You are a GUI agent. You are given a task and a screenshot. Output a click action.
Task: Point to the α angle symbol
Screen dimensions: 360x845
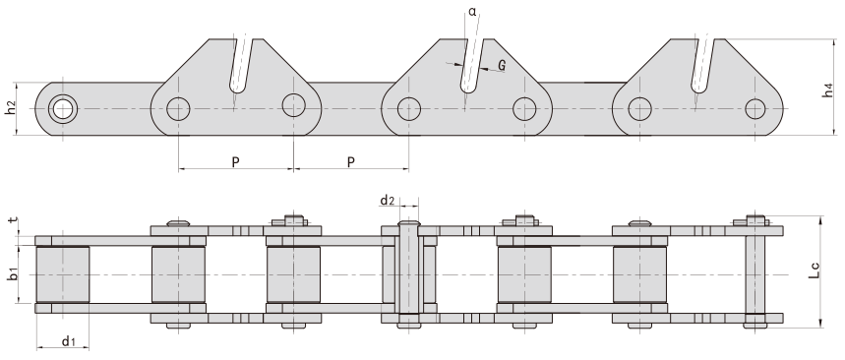[474, 12]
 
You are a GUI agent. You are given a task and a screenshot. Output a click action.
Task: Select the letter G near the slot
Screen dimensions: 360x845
[502, 66]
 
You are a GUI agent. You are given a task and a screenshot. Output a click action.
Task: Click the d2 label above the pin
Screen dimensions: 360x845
[388, 201]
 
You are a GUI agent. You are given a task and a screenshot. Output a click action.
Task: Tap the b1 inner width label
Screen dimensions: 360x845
[11, 274]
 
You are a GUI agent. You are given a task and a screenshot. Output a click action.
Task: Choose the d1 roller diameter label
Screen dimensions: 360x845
[67, 341]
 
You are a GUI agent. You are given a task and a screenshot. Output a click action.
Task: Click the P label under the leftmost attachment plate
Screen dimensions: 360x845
[236, 161]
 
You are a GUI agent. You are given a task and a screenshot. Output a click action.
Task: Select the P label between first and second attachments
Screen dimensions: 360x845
[351, 161]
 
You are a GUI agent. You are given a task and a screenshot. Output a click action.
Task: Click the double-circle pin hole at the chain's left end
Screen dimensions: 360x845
[63, 107]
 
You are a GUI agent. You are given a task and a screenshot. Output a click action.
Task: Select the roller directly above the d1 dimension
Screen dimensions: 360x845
[63, 274]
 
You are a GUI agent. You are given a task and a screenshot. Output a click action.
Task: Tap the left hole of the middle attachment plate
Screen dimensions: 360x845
[409, 107]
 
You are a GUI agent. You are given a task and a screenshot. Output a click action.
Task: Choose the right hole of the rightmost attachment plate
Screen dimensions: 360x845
[754, 107]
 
